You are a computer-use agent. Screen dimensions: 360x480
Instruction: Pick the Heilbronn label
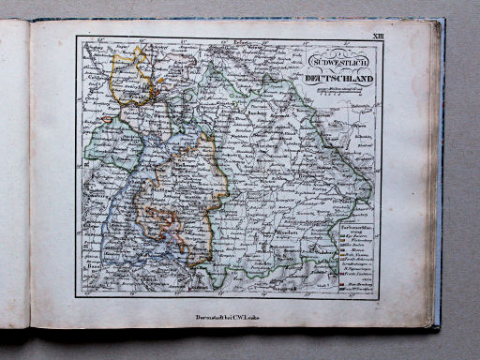(x=159, y=155)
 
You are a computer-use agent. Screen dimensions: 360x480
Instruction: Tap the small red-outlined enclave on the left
(x=107, y=120)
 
